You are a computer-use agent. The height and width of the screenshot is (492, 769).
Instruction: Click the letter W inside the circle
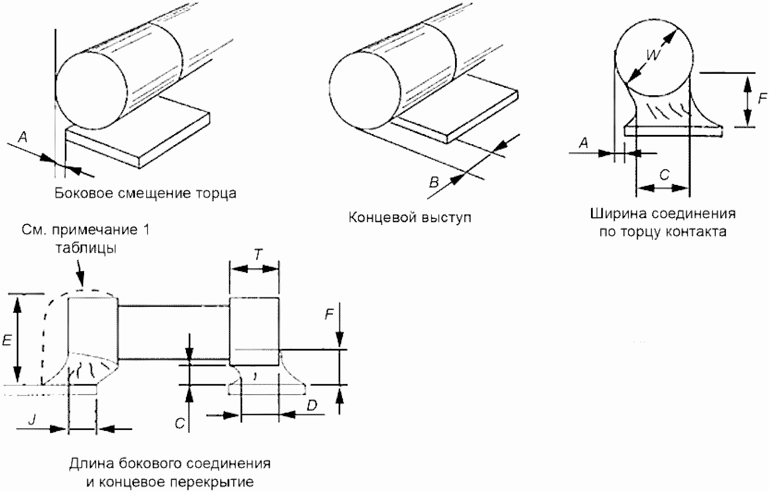pos(653,55)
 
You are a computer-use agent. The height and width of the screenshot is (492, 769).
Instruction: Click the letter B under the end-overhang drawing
pos(434,182)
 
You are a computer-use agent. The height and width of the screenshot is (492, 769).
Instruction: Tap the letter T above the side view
pos(258,254)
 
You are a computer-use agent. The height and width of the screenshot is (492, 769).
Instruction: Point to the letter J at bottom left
pos(32,419)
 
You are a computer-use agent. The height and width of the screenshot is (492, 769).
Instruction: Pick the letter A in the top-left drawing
pos(22,137)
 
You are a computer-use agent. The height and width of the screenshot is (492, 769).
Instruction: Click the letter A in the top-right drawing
pos(583,142)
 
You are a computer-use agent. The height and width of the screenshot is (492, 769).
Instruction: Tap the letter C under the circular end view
pos(664,175)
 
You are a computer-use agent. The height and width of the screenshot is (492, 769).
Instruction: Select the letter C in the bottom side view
pos(180,423)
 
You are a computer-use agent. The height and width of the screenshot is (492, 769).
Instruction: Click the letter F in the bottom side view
pos(329,314)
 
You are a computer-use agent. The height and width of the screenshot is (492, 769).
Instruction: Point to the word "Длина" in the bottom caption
pos(92,464)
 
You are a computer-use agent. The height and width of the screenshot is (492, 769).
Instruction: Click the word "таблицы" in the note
pos(86,248)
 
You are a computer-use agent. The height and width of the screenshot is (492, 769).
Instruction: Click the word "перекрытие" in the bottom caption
pos(212,482)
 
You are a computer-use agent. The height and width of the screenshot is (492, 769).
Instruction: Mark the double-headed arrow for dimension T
pos(254,269)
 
